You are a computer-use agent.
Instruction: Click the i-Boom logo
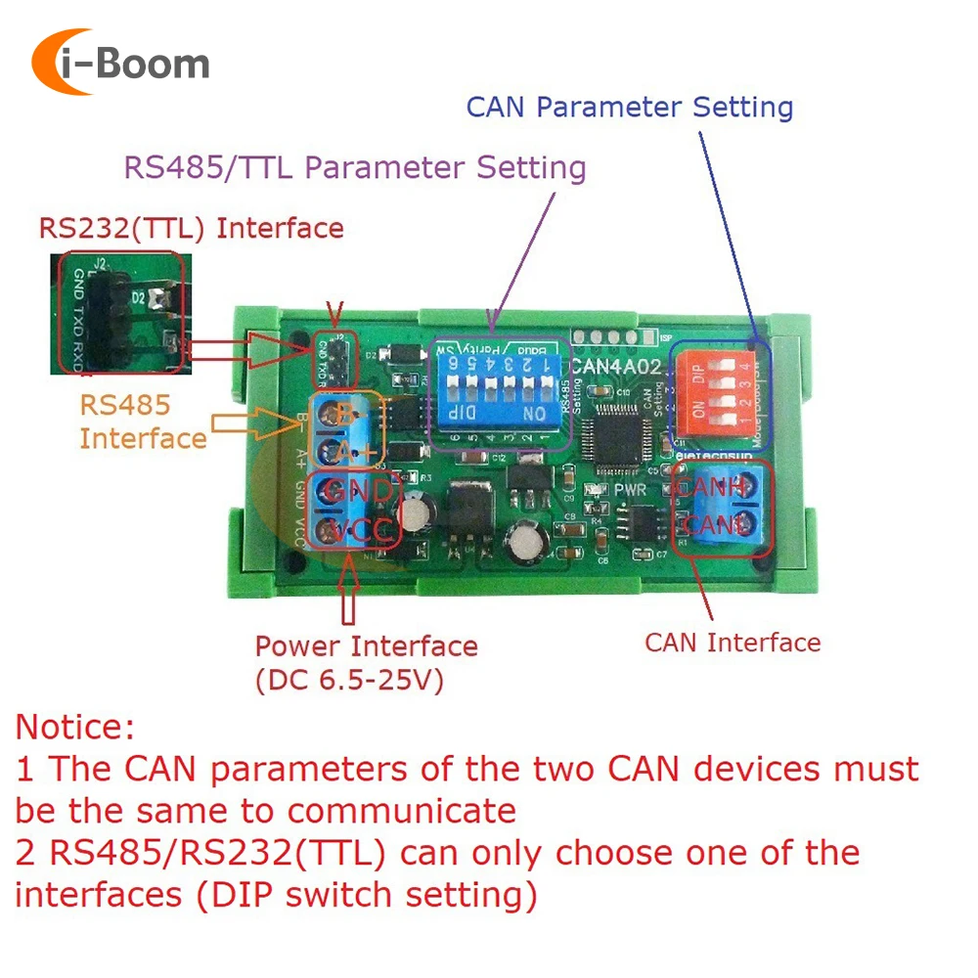point(121,63)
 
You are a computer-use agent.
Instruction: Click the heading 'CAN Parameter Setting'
point(630,107)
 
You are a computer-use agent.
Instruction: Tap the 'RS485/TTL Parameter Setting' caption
point(354,167)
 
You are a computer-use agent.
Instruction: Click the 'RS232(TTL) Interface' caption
point(192,229)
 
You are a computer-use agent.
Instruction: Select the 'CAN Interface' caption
point(733,643)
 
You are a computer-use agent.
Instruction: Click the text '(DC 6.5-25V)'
point(349,680)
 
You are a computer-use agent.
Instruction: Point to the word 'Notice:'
point(75,727)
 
